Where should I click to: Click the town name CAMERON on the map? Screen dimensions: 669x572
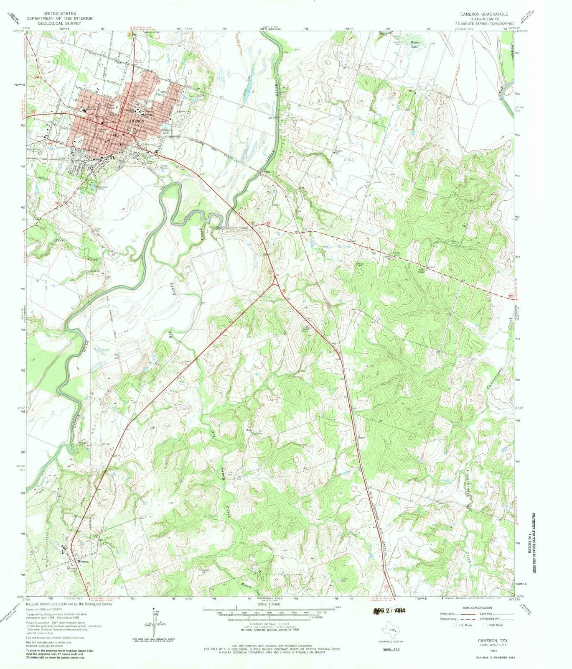click(x=135, y=121)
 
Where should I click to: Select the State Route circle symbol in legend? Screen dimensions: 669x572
click(x=486, y=625)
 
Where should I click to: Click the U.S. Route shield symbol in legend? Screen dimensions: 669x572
click(x=455, y=625)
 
